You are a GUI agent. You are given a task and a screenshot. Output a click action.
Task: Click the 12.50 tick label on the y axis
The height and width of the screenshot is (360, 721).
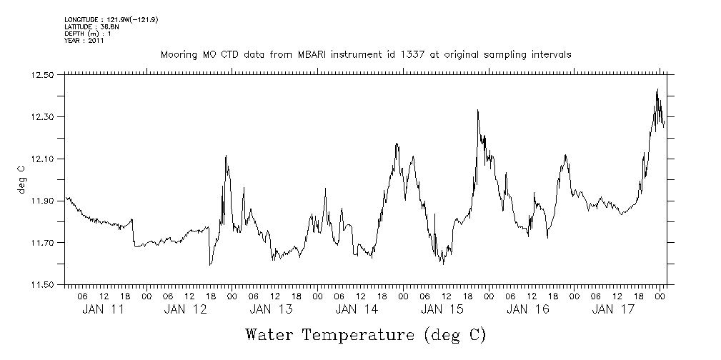click(44, 75)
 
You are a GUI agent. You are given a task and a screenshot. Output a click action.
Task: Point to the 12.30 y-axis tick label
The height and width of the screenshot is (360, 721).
click(44, 117)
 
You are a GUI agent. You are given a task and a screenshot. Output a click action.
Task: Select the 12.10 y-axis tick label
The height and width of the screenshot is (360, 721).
click(44, 159)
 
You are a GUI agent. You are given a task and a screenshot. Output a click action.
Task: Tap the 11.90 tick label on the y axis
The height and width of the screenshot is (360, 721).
click(44, 201)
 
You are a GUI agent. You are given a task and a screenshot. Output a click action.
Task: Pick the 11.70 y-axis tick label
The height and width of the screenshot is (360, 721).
click(44, 244)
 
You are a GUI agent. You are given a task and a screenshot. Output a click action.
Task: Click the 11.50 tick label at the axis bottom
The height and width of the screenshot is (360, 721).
click(44, 286)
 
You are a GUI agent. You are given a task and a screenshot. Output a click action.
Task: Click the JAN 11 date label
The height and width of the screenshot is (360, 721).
click(103, 309)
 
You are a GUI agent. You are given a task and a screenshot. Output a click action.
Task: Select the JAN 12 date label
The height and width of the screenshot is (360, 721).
click(185, 309)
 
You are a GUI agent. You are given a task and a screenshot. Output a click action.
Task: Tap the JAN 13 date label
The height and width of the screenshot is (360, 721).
click(271, 309)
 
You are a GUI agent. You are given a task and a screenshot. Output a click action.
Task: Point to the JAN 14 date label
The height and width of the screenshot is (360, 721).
click(357, 309)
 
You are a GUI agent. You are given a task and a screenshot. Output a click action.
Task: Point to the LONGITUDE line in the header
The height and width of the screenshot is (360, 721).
click(111, 19)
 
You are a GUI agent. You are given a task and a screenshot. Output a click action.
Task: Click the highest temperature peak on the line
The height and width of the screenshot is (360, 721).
click(657, 89)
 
